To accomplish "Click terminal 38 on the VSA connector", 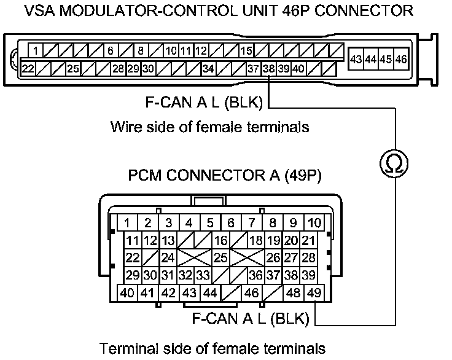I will (x=268, y=69).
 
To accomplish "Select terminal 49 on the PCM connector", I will (x=314, y=293).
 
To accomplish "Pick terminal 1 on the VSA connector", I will (x=37, y=51).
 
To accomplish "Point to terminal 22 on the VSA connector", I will (x=28, y=69).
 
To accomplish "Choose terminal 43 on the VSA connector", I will (x=355, y=60).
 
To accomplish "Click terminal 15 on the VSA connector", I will (x=247, y=51).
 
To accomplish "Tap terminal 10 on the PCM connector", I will (x=314, y=222).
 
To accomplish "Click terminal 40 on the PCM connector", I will (x=128, y=293).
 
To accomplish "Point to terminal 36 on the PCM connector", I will (x=256, y=275).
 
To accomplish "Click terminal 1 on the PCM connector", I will (x=128, y=222).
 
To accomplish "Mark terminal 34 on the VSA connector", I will (x=208, y=69).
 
